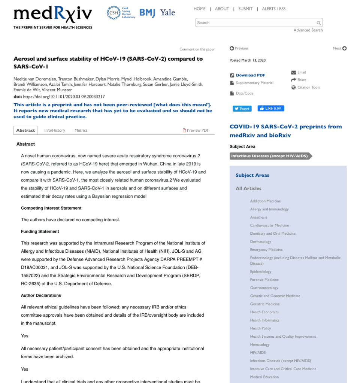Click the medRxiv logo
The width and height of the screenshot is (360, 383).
tap(53, 15)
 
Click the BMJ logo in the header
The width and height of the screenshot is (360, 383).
tap(147, 13)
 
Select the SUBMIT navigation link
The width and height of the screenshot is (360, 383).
tap(245, 9)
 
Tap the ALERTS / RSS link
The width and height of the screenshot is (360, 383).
tap(273, 9)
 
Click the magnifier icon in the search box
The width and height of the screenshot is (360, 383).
tap(318, 23)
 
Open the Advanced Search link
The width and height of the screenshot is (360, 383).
tap(308, 30)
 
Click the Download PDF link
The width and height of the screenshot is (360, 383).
tap(250, 75)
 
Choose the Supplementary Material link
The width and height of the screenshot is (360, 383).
tap(254, 83)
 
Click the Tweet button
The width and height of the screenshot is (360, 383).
tap(242, 109)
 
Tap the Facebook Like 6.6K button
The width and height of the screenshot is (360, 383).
tap(271, 108)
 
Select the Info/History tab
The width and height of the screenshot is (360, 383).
tap(55, 130)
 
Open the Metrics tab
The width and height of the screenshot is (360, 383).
tap(81, 130)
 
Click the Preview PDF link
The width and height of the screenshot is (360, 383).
tap(196, 130)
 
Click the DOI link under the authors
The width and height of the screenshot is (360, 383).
tap(64, 97)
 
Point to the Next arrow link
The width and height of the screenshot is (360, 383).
tap(340, 48)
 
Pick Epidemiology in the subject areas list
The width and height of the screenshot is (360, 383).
tap(261, 272)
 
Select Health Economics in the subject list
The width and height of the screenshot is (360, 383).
tap(264, 312)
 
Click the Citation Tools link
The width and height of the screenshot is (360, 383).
tap(309, 87)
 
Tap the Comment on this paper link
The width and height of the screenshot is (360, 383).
tap(197, 49)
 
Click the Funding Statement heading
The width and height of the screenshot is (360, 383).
tap(40, 231)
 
